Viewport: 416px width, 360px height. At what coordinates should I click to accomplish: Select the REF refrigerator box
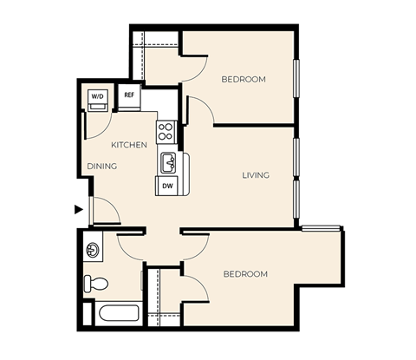(129, 95)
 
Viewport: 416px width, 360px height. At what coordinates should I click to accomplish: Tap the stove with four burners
(166, 131)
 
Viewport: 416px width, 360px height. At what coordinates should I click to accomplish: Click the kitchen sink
(168, 162)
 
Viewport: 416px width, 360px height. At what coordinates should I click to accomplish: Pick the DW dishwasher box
(166, 185)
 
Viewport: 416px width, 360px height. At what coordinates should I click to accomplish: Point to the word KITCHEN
(129, 144)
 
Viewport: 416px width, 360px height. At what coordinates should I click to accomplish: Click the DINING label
(102, 166)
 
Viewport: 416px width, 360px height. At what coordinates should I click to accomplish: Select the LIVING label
(256, 175)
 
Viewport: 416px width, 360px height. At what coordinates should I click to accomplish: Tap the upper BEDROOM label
(244, 79)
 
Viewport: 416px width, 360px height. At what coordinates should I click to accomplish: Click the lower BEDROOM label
(245, 274)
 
